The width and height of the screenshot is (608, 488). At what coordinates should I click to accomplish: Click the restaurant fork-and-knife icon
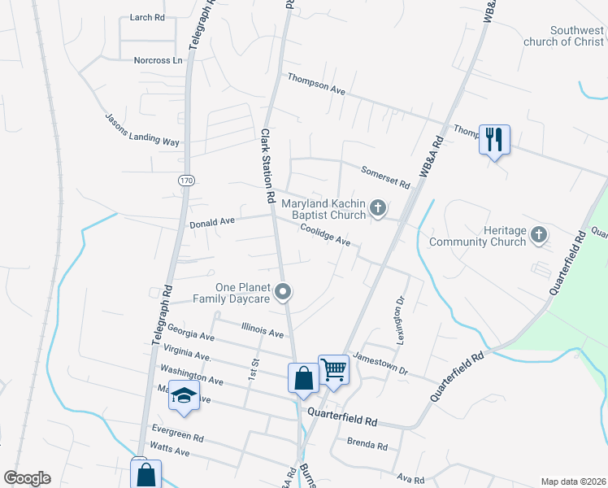(494, 140)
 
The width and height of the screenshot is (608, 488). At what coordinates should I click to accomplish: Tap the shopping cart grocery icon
(333, 370)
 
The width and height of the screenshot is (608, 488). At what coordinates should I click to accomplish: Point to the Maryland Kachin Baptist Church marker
(377, 209)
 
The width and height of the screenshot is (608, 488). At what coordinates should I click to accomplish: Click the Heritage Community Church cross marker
(538, 236)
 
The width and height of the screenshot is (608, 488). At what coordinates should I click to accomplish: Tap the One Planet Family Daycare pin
(283, 291)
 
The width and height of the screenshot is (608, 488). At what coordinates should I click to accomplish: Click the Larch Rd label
(147, 16)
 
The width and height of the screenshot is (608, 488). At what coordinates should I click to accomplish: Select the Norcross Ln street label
(158, 60)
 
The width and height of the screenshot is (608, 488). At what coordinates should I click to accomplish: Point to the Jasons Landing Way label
(141, 130)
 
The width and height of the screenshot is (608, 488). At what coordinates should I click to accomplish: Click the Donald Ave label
(211, 221)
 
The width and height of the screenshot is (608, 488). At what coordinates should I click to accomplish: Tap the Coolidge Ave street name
(324, 236)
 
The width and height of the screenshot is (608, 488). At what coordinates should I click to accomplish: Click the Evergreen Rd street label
(177, 432)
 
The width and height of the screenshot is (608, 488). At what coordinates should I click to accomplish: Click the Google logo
(27, 478)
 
